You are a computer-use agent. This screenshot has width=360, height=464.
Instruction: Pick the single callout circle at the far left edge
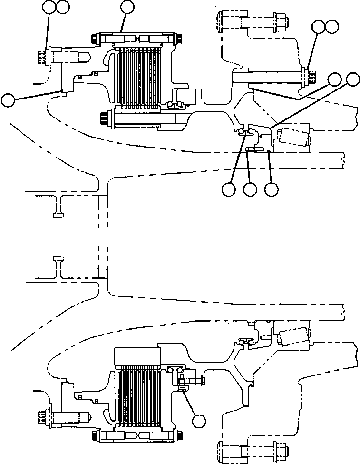9,100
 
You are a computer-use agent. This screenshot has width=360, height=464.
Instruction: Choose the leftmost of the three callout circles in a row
228,189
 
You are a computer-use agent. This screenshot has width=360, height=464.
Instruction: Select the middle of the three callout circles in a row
250,189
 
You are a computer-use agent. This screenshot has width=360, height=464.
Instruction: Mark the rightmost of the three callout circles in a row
272,189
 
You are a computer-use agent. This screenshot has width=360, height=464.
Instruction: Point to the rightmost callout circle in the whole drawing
352,79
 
